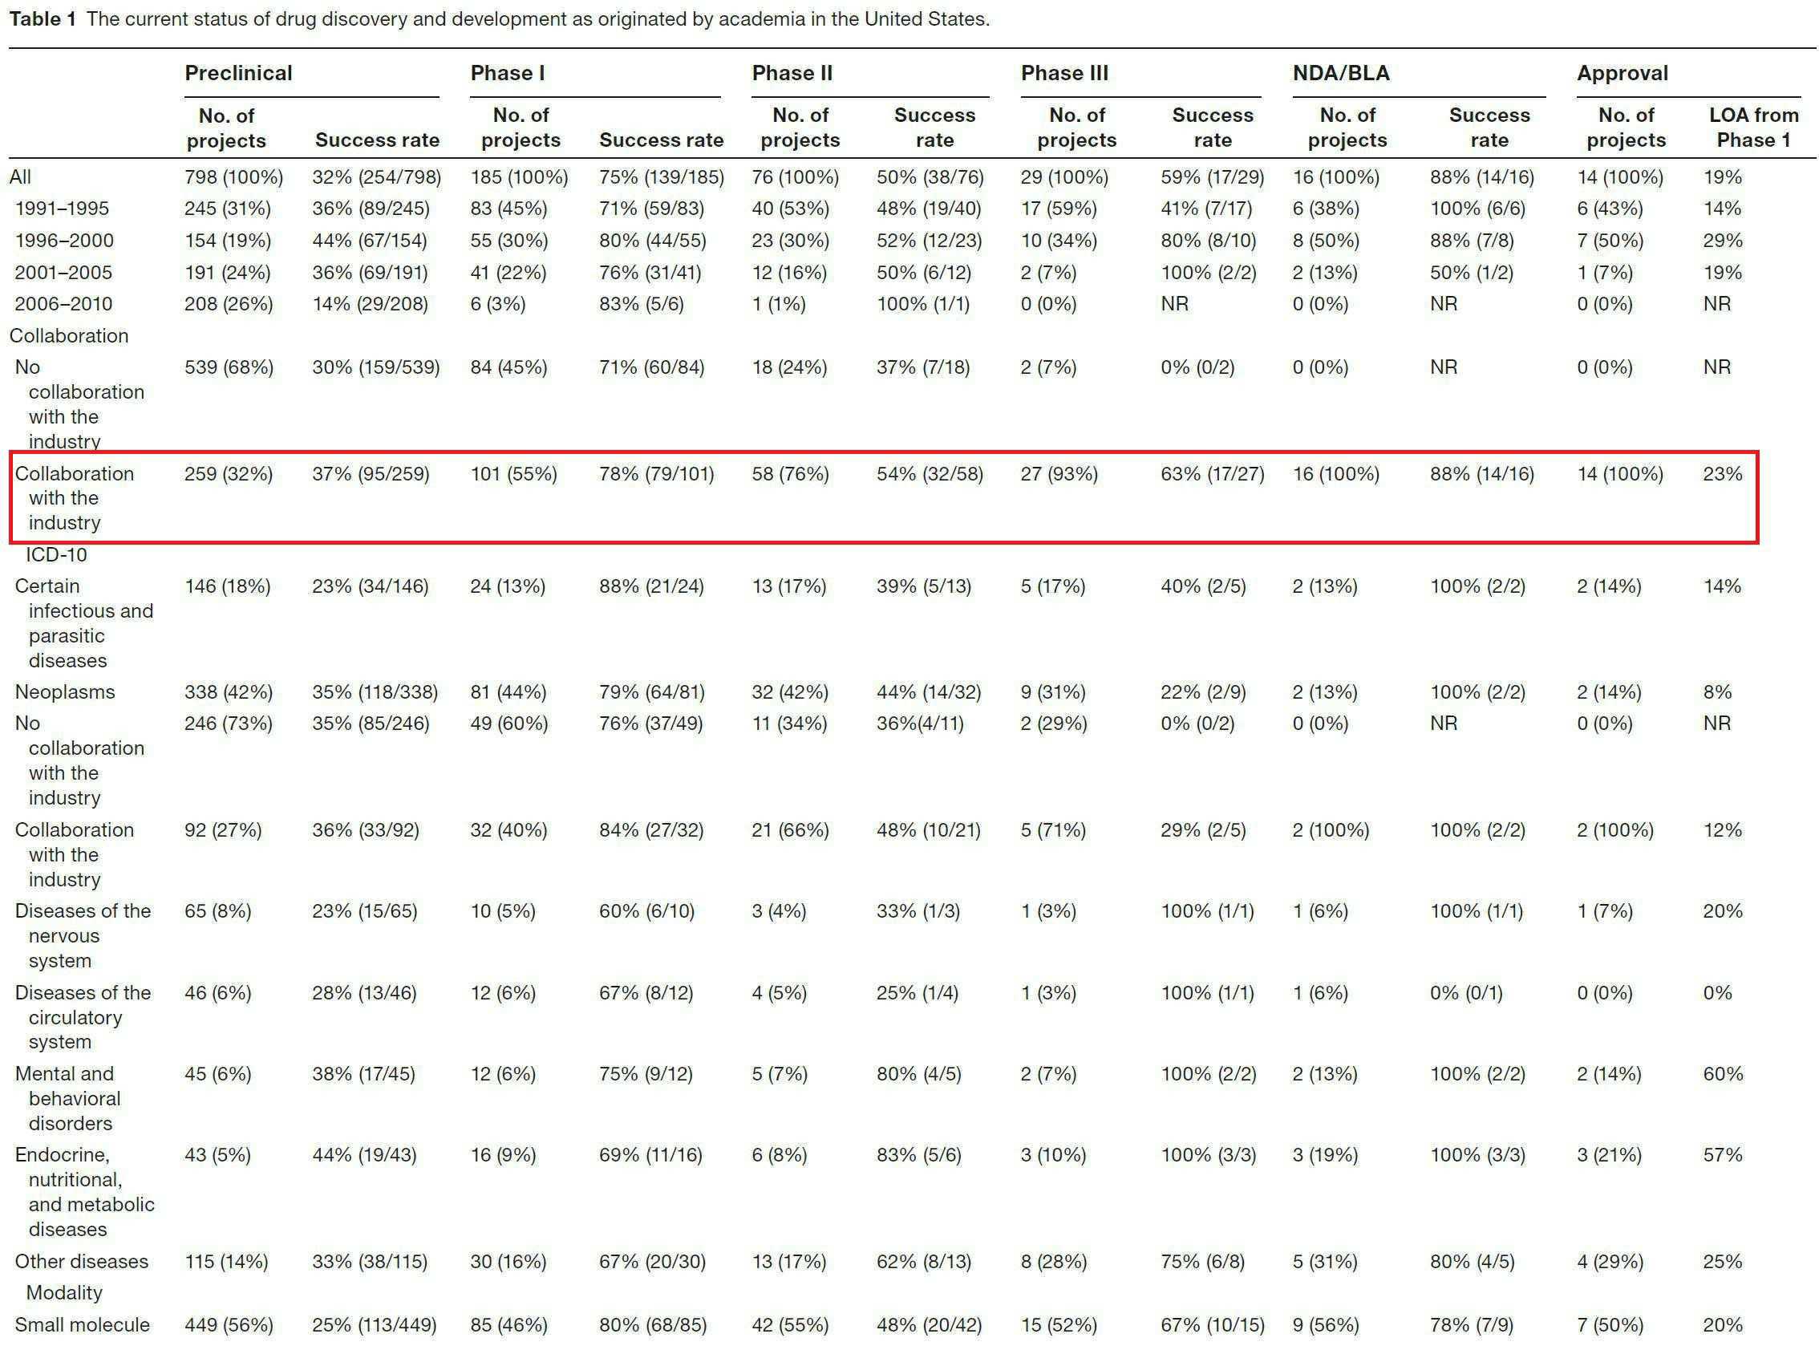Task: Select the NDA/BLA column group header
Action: [x=1340, y=74]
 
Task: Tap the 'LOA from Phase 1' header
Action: [x=1752, y=128]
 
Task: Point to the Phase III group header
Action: [x=1064, y=74]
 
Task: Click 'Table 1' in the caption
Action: [x=43, y=18]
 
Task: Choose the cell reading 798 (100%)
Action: [x=233, y=177]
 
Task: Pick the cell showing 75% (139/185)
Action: [x=661, y=177]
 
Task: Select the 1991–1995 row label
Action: [x=62, y=209]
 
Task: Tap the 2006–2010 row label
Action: [x=63, y=304]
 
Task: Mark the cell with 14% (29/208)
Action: [x=371, y=304]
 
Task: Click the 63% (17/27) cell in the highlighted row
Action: [x=1212, y=474]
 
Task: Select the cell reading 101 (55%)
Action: [x=513, y=474]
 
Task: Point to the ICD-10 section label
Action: [x=56, y=555]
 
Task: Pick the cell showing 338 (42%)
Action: [x=228, y=692]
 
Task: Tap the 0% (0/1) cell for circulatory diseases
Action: [x=1466, y=993]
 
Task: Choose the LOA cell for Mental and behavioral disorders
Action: [x=1723, y=1074]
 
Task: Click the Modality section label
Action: [x=64, y=1293]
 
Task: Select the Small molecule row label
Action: [x=82, y=1324]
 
